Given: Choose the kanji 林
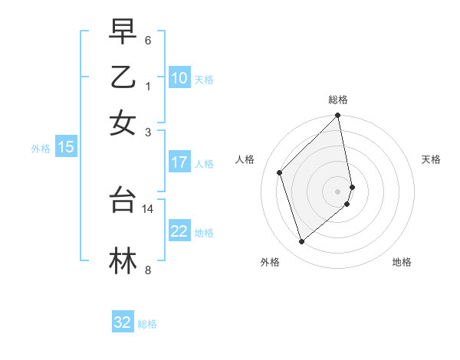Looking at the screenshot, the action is tap(123, 260).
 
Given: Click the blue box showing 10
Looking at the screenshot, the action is tap(179, 78).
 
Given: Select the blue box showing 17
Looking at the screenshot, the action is tap(179, 162).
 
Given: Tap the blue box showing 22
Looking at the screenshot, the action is tap(179, 232).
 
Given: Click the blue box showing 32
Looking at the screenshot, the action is tap(123, 322).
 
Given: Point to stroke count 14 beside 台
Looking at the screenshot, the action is tap(148, 208).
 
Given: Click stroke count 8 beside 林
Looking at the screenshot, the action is tap(148, 270).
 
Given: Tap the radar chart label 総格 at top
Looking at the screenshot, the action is tap(338, 100).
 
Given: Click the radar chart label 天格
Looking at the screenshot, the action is tap(431, 159).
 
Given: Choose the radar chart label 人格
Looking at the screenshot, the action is tap(245, 159).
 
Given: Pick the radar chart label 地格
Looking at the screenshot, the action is tap(402, 262).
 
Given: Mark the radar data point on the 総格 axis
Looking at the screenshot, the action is tap(338, 116).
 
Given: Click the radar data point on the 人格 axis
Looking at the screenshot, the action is tap(280, 172).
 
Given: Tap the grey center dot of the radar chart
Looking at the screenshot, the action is tap(338, 191).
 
